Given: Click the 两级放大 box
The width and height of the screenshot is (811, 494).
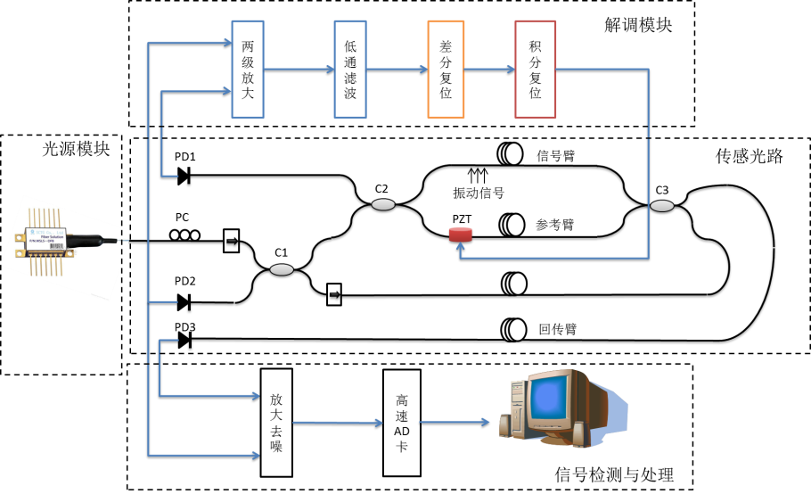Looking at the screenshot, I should click(x=248, y=70).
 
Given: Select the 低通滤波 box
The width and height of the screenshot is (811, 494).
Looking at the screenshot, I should click(x=350, y=70).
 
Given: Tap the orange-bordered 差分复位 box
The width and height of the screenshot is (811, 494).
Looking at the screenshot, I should click(x=446, y=70).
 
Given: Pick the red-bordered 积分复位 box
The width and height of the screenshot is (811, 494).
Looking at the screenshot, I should click(x=535, y=70).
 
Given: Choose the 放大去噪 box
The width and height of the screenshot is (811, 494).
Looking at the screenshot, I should click(x=276, y=422).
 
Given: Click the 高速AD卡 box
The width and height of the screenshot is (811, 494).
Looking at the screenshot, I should click(x=402, y=422).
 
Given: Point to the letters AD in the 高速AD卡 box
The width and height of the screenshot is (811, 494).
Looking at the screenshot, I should click(x=402, y=431).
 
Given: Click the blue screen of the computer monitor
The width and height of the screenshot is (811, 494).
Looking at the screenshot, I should click(x=548, y=399).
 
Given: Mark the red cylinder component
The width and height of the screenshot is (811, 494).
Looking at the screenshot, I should click(x=461, y=235).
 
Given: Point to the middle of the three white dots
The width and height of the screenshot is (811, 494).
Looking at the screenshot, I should click(x=184, y=235).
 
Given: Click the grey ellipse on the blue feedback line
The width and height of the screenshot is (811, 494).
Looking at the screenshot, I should click(x=662, y=206).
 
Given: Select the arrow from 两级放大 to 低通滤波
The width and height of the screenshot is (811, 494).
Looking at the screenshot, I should click(x=299, y=69).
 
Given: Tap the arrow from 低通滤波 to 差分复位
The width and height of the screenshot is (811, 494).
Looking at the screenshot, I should click(x=397, y=69).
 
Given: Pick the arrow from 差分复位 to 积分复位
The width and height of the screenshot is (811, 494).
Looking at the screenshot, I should click(x=489, y=69).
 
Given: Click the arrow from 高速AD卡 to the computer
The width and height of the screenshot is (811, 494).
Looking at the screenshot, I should click(x=455, y=422).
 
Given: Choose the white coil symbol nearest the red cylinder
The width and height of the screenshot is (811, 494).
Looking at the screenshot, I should click(x=511, y=224).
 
